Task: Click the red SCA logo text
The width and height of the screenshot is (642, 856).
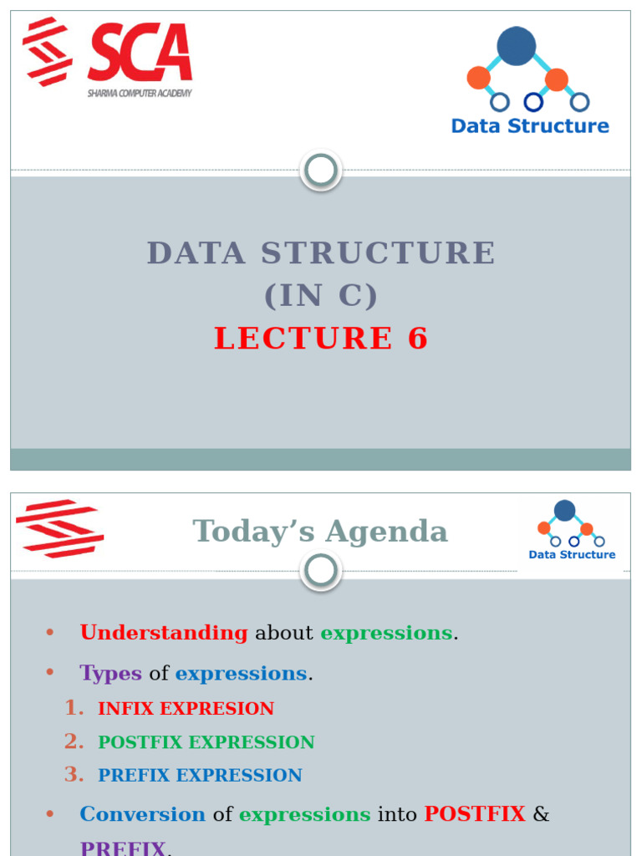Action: (140, 53)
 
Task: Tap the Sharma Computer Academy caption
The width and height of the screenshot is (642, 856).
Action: (140, 94)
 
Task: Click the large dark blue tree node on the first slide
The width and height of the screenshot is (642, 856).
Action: (517, 46)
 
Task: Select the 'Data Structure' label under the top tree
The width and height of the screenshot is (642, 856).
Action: (530, 126)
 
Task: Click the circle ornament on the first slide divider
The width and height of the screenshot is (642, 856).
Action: (321, 171)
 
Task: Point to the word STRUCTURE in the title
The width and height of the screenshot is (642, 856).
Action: (379, 252)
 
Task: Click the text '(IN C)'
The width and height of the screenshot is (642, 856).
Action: (321, 295)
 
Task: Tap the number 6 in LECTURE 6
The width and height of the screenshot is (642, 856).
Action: (418, 339)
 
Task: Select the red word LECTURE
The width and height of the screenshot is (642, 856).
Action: (303, 339)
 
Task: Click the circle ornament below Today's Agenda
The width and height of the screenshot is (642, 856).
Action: (321, 572)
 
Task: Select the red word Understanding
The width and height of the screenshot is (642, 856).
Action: (164, 633)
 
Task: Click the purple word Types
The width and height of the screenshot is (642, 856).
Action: (110, 673)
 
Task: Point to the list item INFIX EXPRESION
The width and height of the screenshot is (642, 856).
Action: (186, 709)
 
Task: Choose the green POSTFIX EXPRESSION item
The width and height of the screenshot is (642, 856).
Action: (206, 742)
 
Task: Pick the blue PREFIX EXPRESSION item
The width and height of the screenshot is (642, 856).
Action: (200, 776)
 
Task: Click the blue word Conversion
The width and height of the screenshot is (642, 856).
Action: (142, 814)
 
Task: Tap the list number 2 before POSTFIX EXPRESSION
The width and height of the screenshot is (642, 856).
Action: (74, 741)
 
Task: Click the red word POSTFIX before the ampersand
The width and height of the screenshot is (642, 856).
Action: (475, 814)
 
